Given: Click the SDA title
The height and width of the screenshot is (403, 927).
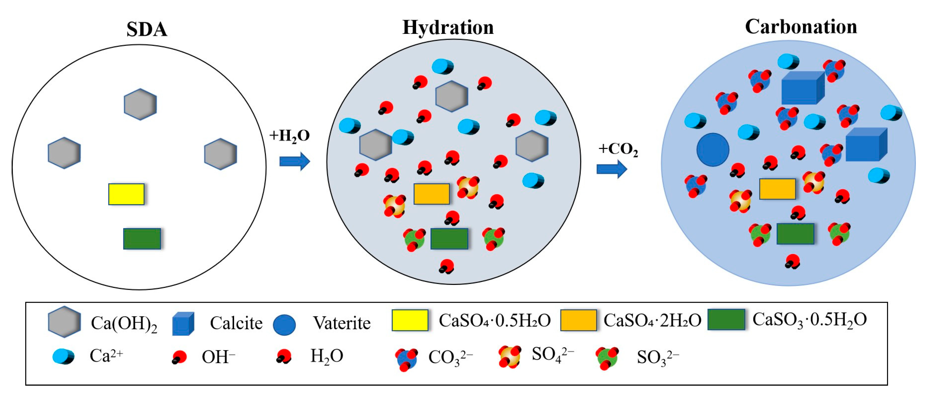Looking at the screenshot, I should click(x=147, y=30).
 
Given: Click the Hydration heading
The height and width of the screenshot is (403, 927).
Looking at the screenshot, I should click(x=448, y=28).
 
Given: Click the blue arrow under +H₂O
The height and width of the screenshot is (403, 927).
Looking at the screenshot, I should click(x=294, y=161).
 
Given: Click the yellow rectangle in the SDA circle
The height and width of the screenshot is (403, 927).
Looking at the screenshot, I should click(x=126, y=194).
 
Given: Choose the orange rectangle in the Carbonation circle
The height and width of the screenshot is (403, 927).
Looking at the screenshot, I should click(x=777, y=189).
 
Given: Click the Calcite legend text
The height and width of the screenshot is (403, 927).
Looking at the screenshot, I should click(x=236, y=323).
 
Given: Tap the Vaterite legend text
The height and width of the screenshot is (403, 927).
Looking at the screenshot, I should click(x=341, y=323).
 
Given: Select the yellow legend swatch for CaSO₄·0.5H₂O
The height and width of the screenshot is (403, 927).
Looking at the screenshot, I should click(x=410, y=320).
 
